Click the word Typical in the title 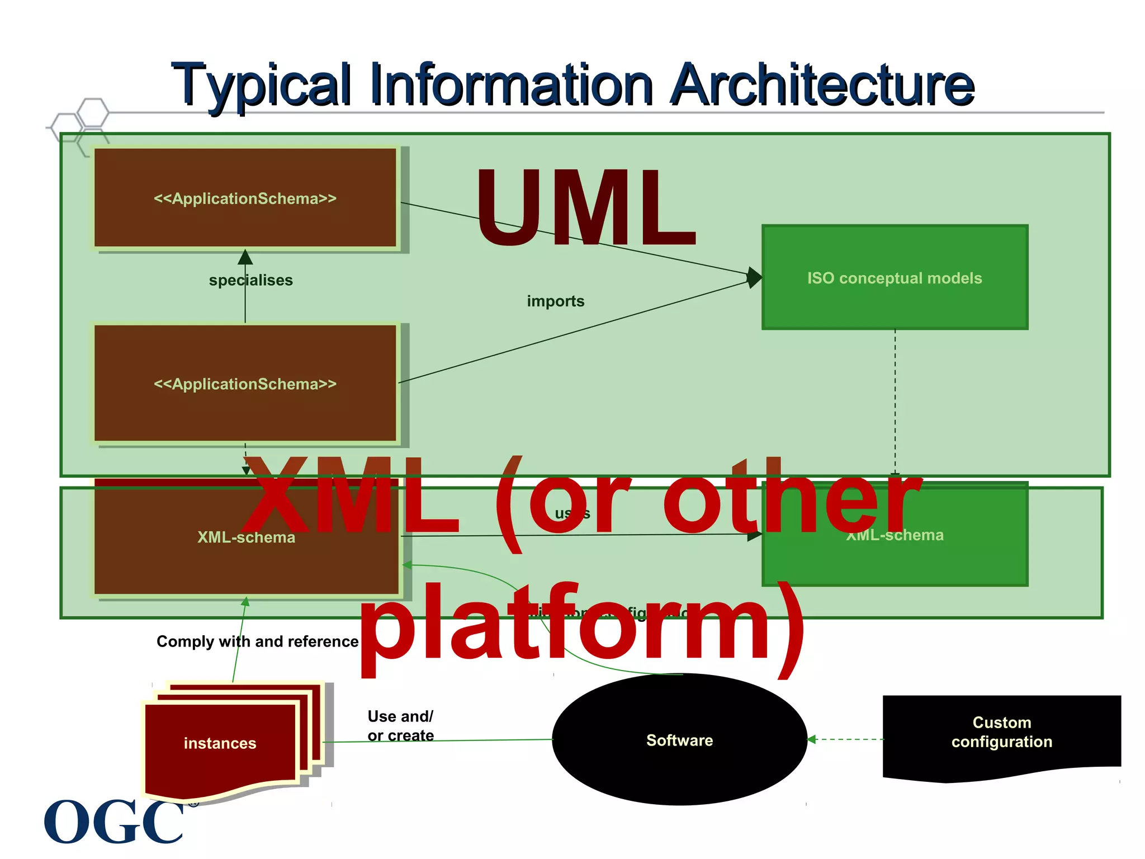pyautogui.click(x=262, y=85)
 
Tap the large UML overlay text pyautogui.click(x=585, y=208)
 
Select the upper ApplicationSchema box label pyautogui.click(x=245, y=199)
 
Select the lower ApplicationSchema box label pyautogui.click(x=245, y=384)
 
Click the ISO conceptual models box pyautogui.click(x=895, y=278)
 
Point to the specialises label pyautogui.click(x=250, y=280)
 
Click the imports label pyautogui.click(x=555, y=301)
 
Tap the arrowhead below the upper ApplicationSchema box pyautogui.click(x=245, y=257)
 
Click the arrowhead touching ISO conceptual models pyautogui.click(x=754, y=277)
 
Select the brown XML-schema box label pyautogui.click(x=246, y=537)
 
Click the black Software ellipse pyautogui.click(x=679, y=740)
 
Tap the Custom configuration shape pyautogui.click(x=1001, y=733)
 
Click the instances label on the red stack pyautogui.click(x=220, y=743)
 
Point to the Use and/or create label pyautogui.click(x=400, y=726)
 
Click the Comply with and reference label pyautogui.click(x=257, y=641)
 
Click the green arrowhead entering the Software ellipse pyautogui.click(x=812, y=739)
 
